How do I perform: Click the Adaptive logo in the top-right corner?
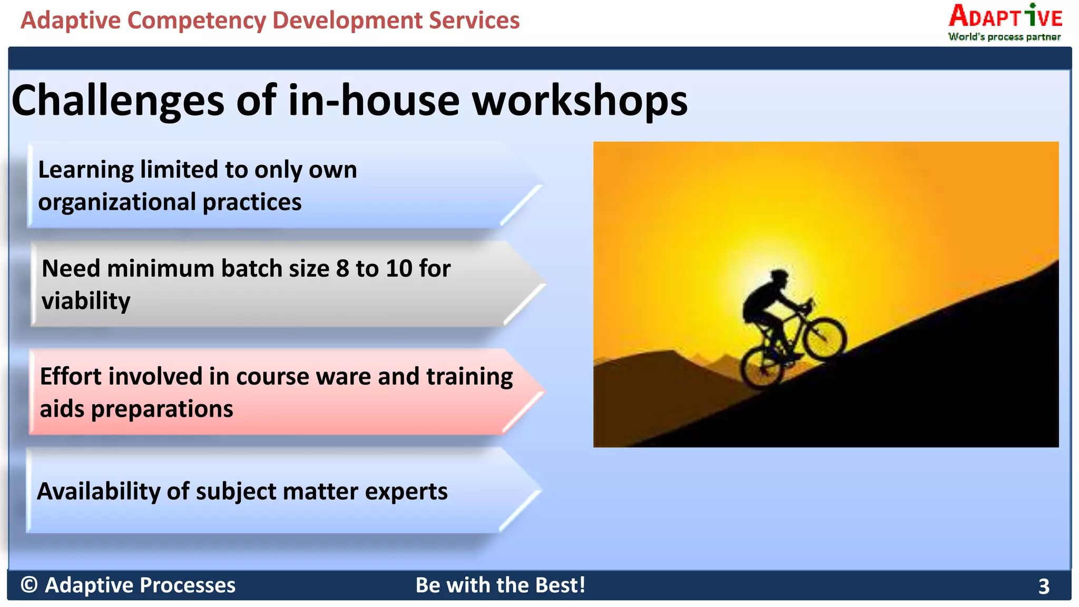1005,17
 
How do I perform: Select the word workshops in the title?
580,101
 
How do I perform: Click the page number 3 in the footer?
1044,586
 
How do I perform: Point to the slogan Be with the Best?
500,585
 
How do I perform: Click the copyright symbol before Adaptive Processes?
29,585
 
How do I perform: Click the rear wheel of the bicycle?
762,367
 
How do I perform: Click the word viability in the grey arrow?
86,301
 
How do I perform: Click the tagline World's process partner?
1004,37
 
